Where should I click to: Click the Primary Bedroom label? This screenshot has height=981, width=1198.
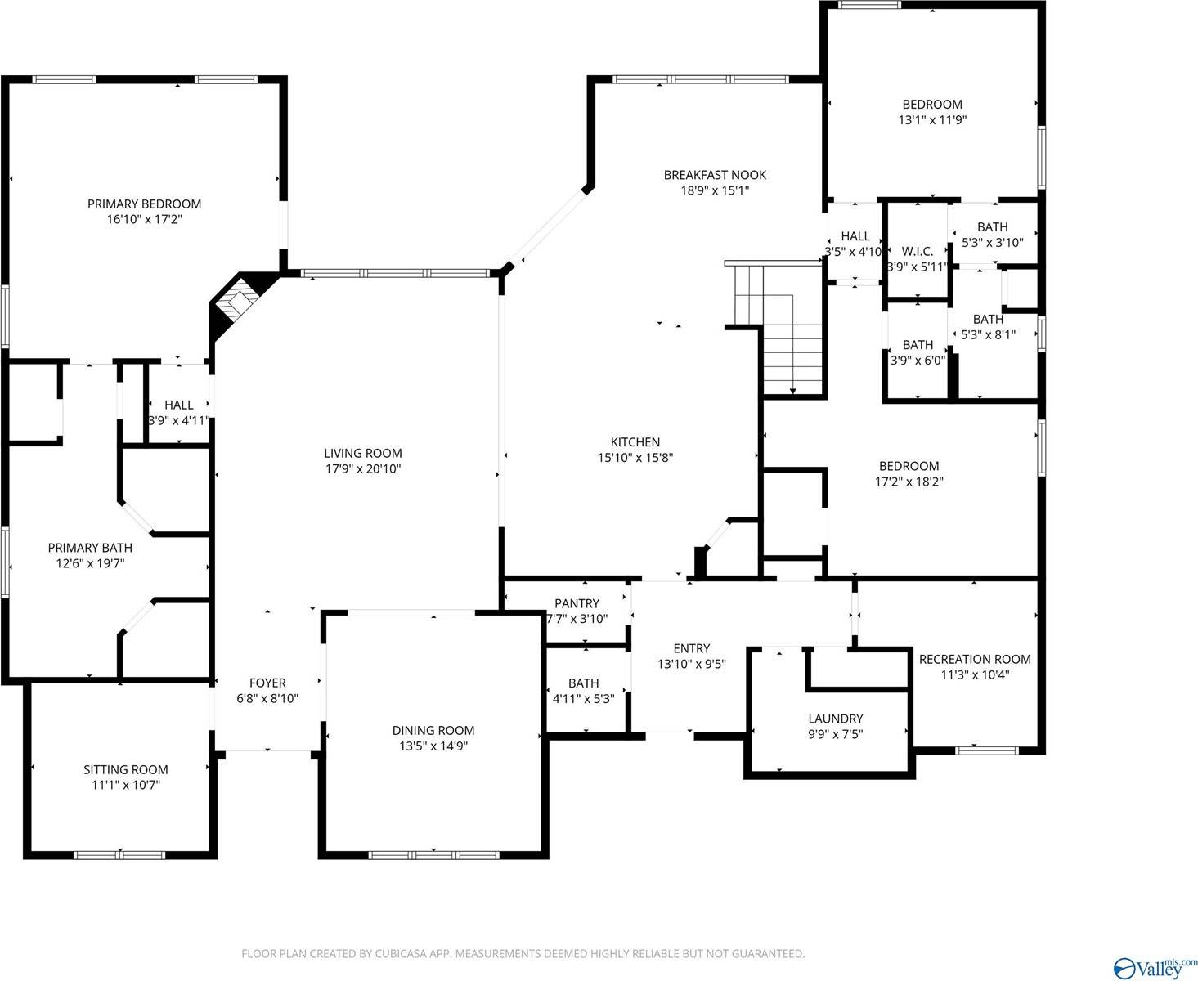click(144, 204)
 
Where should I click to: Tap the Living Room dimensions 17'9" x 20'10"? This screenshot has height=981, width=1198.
click(362, 469)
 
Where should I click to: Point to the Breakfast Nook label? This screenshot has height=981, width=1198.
click(715, 175)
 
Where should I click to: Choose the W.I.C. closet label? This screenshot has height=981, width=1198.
click(918, 251)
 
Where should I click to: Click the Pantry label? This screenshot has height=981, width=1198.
click(577, 603)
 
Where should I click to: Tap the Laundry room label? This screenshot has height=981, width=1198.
click(835, 719)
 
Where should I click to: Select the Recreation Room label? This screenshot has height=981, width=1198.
click(975, 659)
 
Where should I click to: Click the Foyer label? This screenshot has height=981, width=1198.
click(267, 683)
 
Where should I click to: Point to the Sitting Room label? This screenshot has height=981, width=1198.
click(126, 769)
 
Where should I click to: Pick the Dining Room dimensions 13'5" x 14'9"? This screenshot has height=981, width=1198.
click(433, 746)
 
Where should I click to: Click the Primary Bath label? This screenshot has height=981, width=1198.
click(90, 548)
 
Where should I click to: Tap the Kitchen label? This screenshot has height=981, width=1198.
click(635, 442)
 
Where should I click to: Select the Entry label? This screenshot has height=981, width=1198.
click(691, 648)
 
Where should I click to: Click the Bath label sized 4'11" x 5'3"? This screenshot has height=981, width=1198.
click(583, 683)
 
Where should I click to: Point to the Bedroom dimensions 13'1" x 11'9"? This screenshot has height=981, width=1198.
click(932, 120)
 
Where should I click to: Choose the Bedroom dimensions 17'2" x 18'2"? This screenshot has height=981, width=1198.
click(909, 482)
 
